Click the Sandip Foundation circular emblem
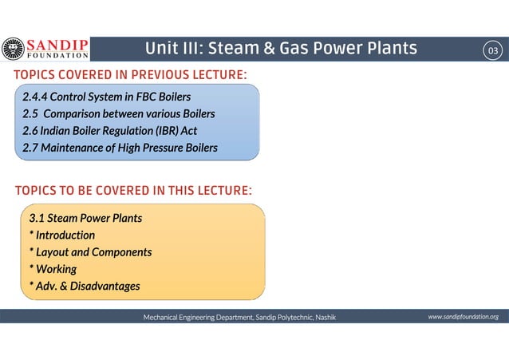click(x=14, y=49)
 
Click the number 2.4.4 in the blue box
click(x=34, y=97)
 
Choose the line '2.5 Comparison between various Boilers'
click(x=118, y=114)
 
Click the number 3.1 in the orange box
click(x=37, y=217)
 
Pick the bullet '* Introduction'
click(x=61, y=235)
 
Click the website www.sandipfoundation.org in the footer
click(x=463, y=317)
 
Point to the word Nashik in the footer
click(x=325, y=318)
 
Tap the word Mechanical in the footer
click(x=162, y=318)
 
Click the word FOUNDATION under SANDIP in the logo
click(x=58, y=56)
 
